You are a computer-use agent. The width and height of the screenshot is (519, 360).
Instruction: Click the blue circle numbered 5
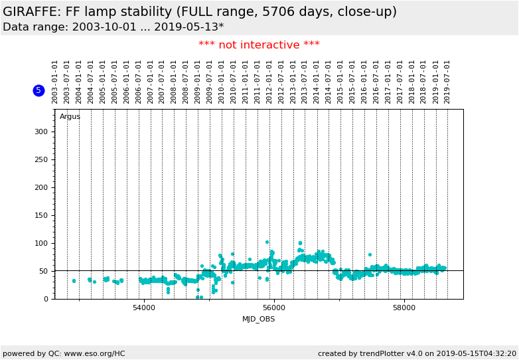pos(38,90)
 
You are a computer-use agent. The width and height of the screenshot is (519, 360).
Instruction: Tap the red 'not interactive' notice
pos(259,45)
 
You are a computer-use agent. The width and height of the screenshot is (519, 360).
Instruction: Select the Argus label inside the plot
pos(70,117)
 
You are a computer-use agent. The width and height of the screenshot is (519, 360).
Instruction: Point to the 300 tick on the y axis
pos(42,132)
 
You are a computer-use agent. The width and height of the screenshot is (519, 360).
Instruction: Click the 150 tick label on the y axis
pos(42,215)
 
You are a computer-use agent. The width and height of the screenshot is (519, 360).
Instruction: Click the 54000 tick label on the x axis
pos(144,308)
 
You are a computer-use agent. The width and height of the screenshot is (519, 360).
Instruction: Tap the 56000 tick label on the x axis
pos(274,308)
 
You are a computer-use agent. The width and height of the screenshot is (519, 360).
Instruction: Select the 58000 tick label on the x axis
pos(404,308)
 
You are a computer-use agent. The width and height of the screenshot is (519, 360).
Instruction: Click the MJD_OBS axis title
pos(258,319)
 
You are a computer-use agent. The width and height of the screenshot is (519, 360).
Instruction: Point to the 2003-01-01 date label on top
pos(55,82)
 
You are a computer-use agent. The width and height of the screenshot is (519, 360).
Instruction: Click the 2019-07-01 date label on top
pos(447,82)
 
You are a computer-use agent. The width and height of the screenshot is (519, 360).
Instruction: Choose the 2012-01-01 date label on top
pos(269,82)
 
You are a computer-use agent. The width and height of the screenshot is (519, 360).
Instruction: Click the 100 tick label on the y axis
pos(42,243)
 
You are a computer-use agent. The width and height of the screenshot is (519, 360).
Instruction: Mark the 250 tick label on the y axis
pos(42,159)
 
